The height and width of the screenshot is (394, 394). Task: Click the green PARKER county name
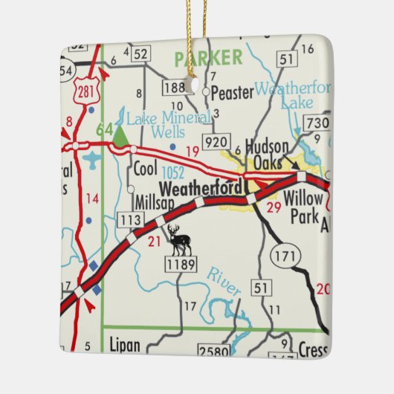[207, 57]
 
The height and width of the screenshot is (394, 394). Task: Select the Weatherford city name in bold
[198, 189]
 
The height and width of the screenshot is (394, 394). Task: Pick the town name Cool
[146, 169]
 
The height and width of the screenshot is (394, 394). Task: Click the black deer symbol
[178, 240]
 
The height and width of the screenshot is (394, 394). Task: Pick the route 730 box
[317, 122]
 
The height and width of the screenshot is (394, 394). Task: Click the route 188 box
[174, 88]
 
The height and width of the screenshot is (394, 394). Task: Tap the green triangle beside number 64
[120, 134]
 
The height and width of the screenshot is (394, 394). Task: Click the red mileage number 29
[274, 208]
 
